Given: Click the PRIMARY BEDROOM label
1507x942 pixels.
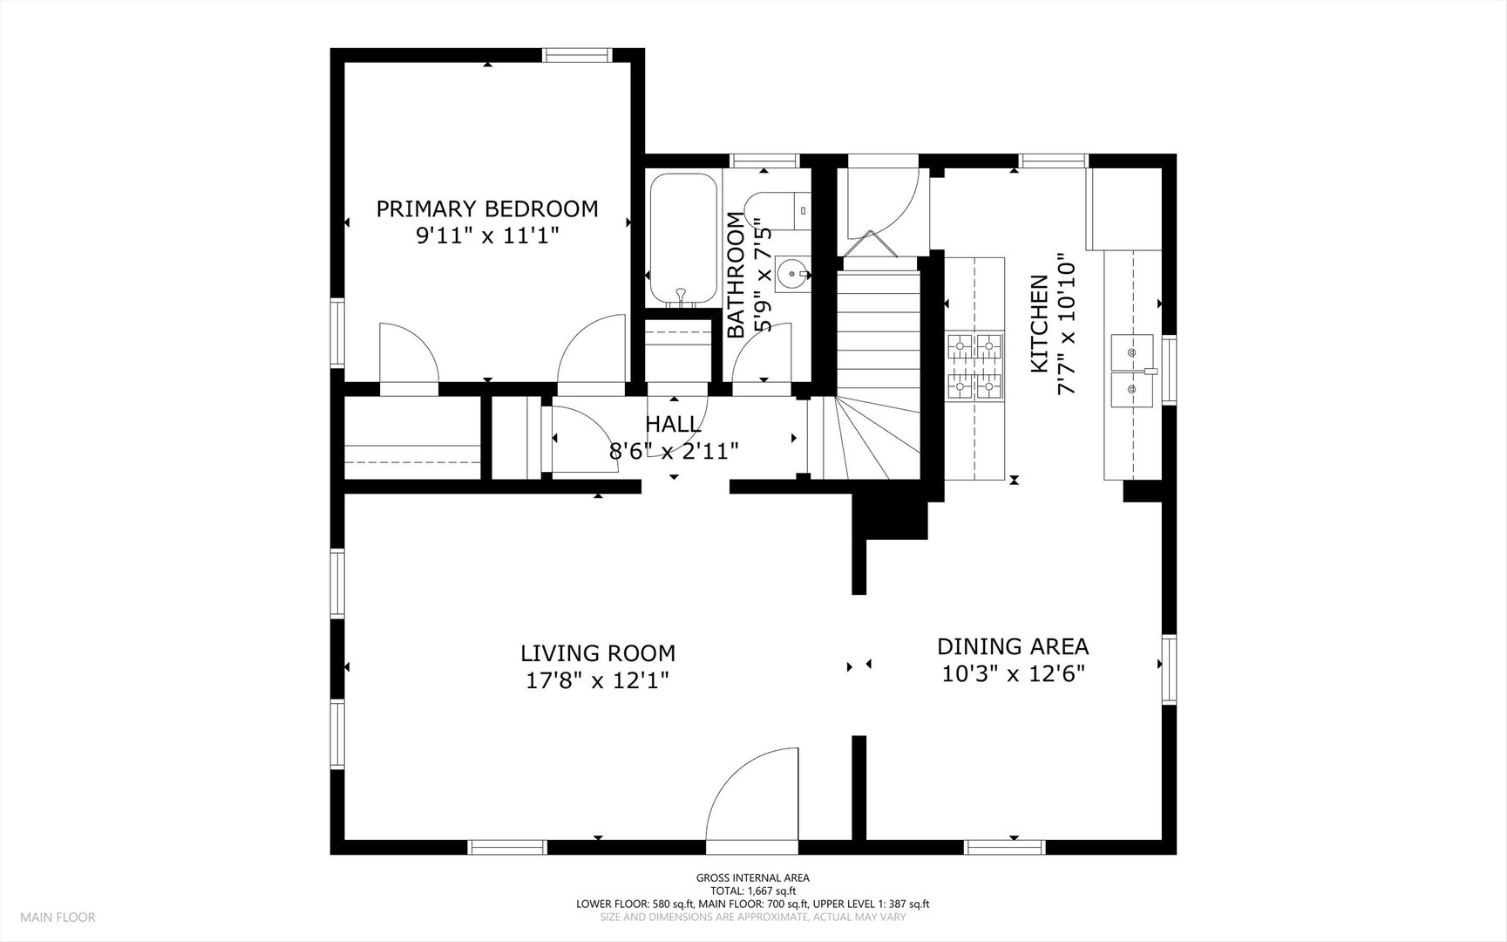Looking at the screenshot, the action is [x=487, y=208].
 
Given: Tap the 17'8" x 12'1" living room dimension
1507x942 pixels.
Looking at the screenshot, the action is [x=598, y=679].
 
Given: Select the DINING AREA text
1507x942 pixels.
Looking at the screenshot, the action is [x=1013, y=646].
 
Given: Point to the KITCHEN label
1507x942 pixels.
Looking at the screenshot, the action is [x=1039, y=324].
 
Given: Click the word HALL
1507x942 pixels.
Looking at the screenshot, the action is [x=673, y=424].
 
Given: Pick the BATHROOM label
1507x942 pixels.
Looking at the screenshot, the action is [x=737, y=275].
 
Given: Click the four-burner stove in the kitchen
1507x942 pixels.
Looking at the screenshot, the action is [x=975, y=366].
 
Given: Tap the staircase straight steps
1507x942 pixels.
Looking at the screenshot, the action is [x=879, y=332].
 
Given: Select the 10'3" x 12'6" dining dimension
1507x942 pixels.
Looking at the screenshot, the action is [x=1013, y=673].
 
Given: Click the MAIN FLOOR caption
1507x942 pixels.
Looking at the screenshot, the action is [x=58, y=917].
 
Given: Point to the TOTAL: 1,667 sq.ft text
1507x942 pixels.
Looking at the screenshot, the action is [x=752, y=891].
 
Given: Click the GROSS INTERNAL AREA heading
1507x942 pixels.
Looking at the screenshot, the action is [x=752, y=877].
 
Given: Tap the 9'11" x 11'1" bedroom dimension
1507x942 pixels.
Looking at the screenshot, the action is [x=487, y=235].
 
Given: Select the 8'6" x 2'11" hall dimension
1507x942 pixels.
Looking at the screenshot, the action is [x=674, y=451].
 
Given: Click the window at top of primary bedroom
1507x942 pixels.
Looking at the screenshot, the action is [x=577, y=55].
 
